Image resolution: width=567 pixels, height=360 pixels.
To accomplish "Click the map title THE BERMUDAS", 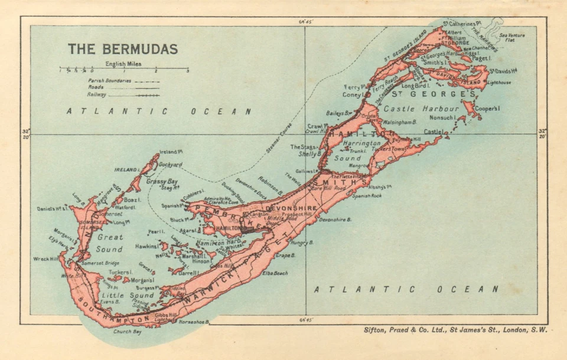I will click(x=122, y=49).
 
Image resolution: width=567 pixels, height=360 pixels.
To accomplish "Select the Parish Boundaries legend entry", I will click(x=110, y=80).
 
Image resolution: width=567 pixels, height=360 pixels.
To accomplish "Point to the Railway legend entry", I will click(x=97, y=94).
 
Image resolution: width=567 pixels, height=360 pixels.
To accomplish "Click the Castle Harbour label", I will click(x=421, y=109).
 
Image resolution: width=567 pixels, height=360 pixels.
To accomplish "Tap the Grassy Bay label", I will click(x=162, y=181).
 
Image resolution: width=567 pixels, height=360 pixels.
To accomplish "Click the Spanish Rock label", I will click(x=367, y=195).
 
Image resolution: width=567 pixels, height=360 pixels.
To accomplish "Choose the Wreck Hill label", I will click(x=46, y=258).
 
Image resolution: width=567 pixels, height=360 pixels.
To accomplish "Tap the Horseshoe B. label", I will click(x=195, y=322).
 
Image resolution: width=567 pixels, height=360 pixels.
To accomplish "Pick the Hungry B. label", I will click(x=301, y=242).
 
